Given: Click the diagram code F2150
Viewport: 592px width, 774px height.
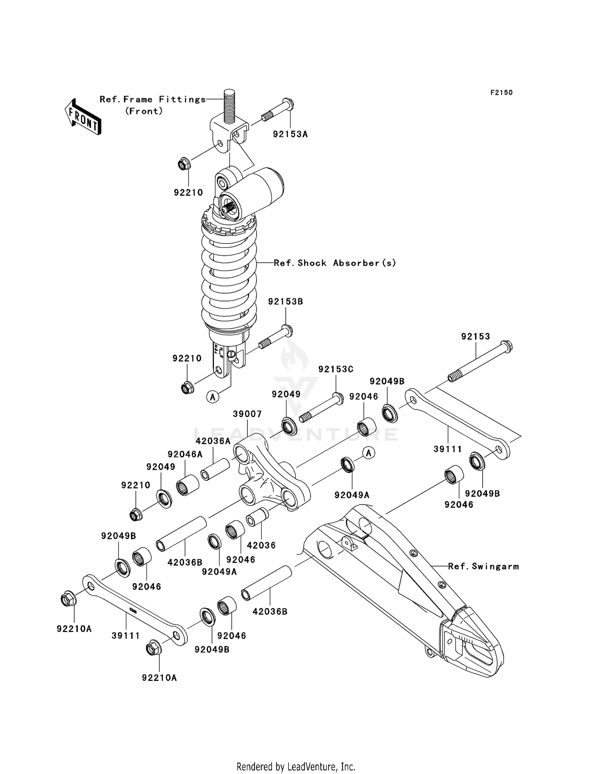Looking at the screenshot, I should coord(501,93).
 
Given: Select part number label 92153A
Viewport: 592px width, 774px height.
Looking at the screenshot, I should coord(290,134).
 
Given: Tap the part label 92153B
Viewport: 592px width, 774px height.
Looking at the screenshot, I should coord(285,301).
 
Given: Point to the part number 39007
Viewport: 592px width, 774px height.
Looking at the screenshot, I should coord(247,414).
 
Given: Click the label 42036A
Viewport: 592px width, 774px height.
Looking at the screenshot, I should coord(213,441).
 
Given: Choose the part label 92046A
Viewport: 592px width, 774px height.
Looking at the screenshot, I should coord(185,454).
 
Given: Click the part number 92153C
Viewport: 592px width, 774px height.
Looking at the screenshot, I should coord(336,369).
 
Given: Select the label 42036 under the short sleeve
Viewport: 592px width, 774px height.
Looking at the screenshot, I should coord(261,545).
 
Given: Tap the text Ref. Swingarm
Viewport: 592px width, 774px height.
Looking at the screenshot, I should coord(483,566).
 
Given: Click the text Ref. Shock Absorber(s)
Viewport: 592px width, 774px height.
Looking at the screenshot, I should coord(335,263).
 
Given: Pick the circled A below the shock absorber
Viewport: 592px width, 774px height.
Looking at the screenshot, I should coord(213,396).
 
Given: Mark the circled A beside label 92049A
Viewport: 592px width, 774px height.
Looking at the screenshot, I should coord(369,453).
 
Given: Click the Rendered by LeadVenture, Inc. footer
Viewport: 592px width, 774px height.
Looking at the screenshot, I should coord(296,767).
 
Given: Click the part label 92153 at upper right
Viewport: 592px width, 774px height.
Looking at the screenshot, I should coord(475,337).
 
